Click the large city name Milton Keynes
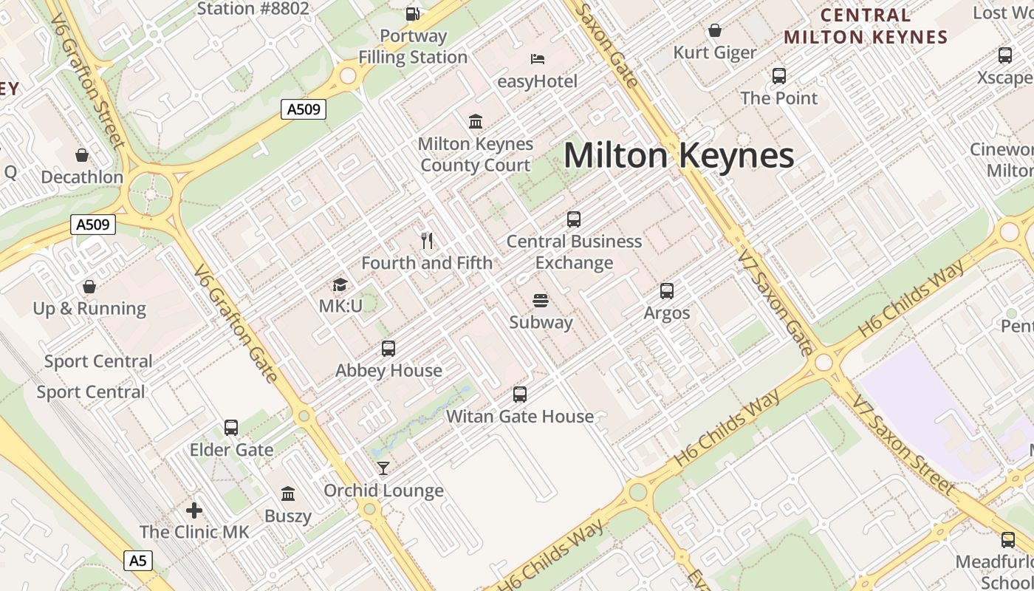coord(679,156)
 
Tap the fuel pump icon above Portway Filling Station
coord(413,13)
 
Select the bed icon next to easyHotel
coord(538,59)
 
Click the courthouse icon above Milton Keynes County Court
coord(476,121)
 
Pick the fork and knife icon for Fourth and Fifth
coord(426,240)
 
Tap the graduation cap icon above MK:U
coord(340,284)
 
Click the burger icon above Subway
coord(541,301)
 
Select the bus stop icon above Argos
coord(667,291)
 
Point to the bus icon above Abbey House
coord(388,349)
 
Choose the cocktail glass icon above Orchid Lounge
coord(383,468)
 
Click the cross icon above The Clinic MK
coord(194,510)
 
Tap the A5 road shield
coord(138,561)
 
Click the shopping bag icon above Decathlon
coord(82,155)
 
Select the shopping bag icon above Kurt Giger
coord(715,30)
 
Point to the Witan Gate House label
coord(520,417)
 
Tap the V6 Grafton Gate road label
coord(236,324)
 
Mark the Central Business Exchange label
coord(574,252)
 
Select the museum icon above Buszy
coord(288,493)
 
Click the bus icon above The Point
coord(779,75)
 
